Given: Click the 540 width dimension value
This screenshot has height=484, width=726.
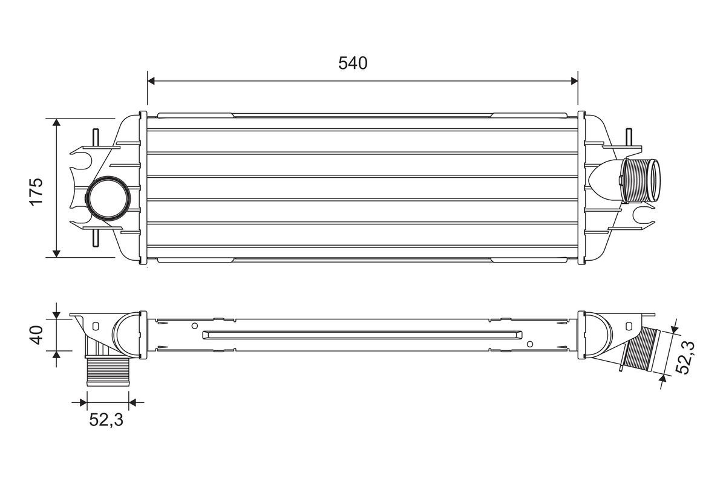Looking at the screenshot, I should (353, 63).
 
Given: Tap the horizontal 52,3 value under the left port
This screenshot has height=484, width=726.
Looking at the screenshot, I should (106, 419).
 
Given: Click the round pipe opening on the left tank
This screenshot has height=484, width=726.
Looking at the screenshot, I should (107, 198).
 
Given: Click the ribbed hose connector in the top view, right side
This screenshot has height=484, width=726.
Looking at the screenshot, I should (640, 181).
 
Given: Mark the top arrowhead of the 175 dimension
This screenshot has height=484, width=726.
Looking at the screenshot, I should (56, 123).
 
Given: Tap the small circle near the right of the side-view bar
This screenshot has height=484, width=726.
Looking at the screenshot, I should (530, 344).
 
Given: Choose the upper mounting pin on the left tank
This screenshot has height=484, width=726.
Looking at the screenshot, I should (96, 138).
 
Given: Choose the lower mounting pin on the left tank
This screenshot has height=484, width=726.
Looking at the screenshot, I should (96, 237).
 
